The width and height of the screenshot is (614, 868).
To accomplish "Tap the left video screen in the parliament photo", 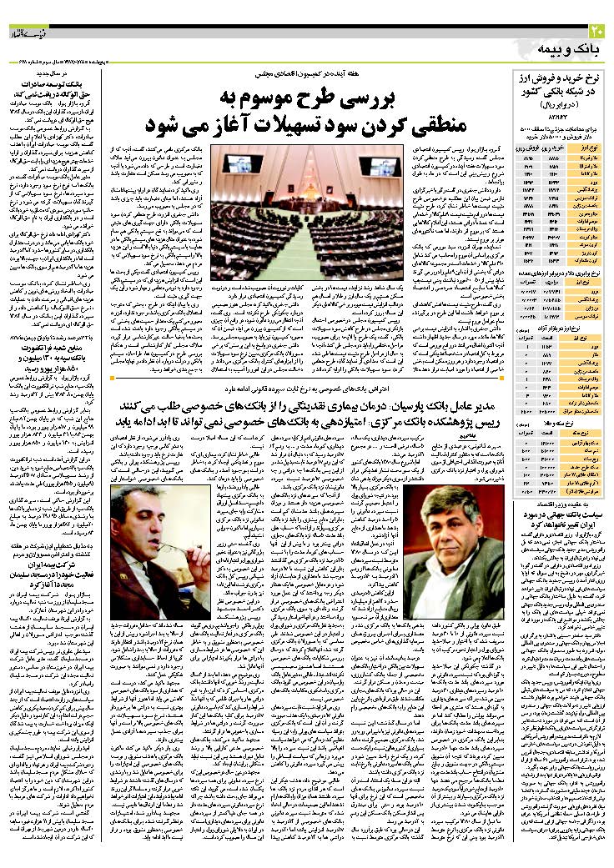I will coord(243,163).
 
